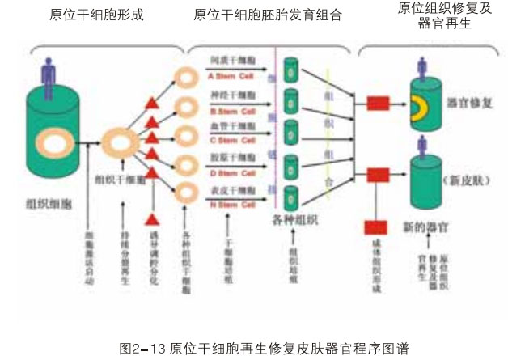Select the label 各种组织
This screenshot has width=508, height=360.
tap(292, 218)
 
